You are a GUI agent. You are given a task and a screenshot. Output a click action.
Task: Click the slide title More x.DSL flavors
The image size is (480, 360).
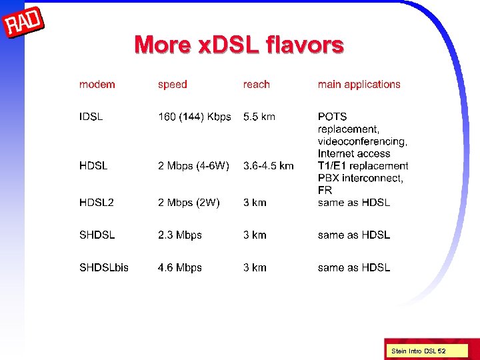click(x=239, y=45)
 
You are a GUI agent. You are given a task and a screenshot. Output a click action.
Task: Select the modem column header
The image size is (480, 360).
click(x=97, y=85)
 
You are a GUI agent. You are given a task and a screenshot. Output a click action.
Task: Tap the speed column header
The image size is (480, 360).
click(x=172, y=85)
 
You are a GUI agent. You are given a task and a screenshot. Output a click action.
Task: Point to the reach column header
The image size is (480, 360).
click(x=256, y=85)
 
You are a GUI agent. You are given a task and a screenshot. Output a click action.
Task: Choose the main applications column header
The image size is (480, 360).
click(x=359, y=85)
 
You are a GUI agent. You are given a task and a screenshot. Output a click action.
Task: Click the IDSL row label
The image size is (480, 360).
click(x=91, y=117)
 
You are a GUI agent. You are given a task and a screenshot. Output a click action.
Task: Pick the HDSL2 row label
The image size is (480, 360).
click(x=96, y=203)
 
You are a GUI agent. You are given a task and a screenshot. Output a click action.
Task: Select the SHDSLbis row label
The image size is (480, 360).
click(x=103, y=267)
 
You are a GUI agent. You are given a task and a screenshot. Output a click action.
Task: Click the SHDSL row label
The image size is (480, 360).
click(x=97, y=235)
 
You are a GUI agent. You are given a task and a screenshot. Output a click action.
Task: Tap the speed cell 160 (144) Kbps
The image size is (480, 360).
click(x=194, y=117)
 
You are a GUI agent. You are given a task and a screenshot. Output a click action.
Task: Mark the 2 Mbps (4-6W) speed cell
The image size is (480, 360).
click(x=193, y=165)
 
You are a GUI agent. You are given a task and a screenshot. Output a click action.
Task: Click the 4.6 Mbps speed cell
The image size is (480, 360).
click(x=179, y=267)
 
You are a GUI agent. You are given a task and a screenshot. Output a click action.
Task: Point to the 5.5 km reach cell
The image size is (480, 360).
click(x=259, y=117)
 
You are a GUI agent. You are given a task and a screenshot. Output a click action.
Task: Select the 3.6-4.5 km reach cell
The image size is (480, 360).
click(x=268, y=165)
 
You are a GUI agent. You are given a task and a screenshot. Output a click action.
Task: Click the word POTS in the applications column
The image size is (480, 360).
click(x=332, y=117)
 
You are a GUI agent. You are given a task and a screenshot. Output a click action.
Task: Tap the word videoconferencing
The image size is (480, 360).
click(x=362, y=141)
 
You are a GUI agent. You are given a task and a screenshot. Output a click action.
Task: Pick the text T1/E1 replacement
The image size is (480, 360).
click(x=363, y=165)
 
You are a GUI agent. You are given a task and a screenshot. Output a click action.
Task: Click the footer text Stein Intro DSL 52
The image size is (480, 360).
click(x=418, y=351)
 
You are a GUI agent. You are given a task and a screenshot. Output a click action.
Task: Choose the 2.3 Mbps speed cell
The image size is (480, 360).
click(x=179, y=235)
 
